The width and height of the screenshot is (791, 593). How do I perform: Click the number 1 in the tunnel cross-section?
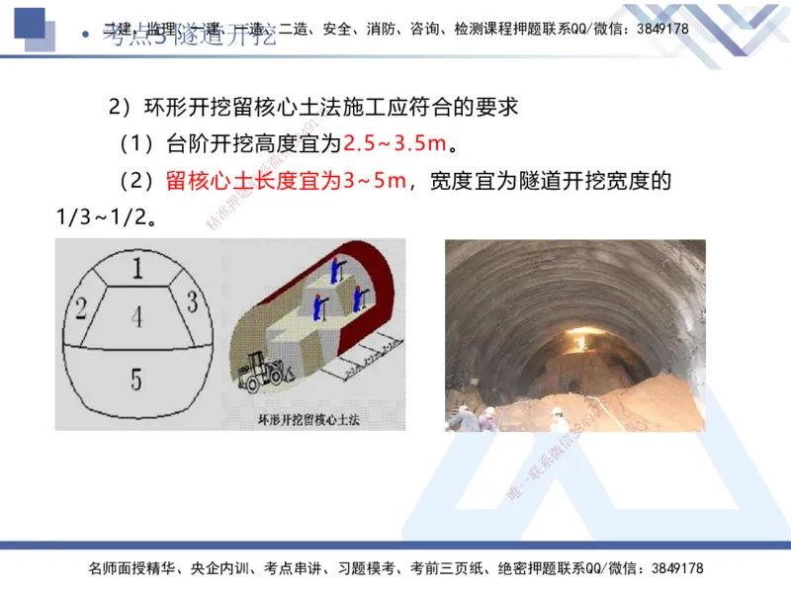(137, 268)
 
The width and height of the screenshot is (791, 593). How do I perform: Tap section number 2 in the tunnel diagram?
(82, 308)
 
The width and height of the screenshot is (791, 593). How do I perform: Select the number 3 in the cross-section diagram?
(193, 299)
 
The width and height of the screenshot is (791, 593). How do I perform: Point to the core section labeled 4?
(136, 317)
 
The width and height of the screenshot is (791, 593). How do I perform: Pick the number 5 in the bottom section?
(136, 378)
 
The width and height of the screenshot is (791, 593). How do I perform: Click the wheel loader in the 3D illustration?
(265, 373)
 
